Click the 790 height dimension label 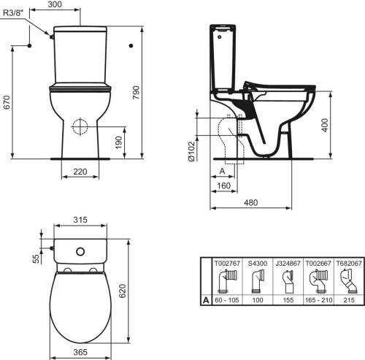[x=137, y=92]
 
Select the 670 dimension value [x=7, y=102]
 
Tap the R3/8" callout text [x=12, y=13]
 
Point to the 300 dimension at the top [x=55, y=4]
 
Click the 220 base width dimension [x=80, y=172]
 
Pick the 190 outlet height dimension [x=118, y=142]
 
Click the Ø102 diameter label [x=191, y=151]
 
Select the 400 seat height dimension [x=325, y=125]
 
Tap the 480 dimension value [x=250, y=202]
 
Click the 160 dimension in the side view [x=223, y=185]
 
